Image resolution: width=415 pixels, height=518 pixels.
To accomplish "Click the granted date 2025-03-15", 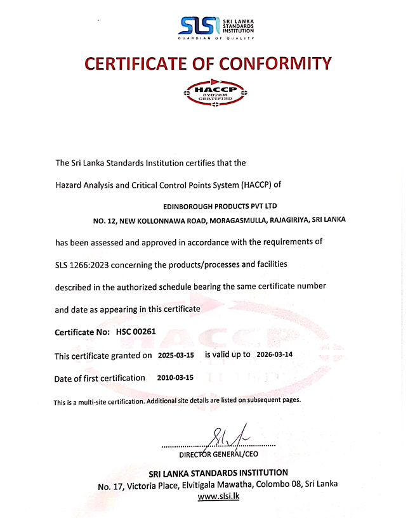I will [x=175, y=355].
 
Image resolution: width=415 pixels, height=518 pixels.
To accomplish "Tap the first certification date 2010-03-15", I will [x=175, y=378].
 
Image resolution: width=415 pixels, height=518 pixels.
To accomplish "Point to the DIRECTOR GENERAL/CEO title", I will [x=218, y=454].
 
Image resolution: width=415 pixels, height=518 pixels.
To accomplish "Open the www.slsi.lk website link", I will [x=218, y=497].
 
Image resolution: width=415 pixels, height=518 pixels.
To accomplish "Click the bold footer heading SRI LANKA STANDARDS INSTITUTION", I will [x=218, y=473].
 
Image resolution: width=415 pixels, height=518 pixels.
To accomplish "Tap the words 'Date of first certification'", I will [x=100, y=378].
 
